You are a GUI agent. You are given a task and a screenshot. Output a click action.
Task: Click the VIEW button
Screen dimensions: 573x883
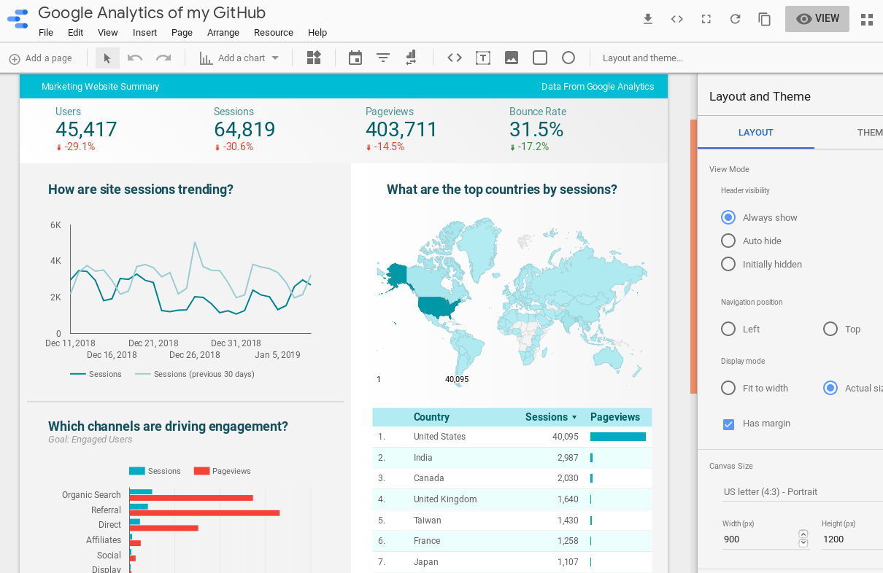pos(817,19)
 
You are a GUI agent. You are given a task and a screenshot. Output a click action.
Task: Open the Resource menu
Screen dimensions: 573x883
pos(273,33)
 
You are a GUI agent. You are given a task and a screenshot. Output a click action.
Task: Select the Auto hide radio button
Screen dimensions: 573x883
pos(728,241)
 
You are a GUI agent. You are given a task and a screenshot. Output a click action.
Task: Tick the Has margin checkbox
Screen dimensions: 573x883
pos(728,424)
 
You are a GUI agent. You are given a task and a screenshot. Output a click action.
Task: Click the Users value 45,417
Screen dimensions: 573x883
pos(86,130)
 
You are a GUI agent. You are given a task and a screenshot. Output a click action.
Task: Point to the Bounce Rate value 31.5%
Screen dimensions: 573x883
pos(536,130)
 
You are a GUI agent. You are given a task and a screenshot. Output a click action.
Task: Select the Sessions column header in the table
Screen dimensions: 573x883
pos(547,417)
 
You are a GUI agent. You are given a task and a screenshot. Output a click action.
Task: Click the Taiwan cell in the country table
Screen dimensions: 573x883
pos(427,521)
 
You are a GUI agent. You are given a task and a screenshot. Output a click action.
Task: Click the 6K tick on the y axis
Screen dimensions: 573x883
pos(55,225)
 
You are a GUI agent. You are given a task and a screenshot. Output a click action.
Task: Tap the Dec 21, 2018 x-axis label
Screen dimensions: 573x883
pos(153,343)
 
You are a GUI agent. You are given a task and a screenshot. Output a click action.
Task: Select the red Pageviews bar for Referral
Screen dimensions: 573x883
pos(204,513)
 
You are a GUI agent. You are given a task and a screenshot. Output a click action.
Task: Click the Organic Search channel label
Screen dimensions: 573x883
pos(91,495)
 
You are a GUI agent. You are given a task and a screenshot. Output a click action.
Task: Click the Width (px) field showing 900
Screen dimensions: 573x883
pos(757,539)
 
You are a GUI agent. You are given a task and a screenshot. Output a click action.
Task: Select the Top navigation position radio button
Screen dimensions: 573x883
pos(830,330)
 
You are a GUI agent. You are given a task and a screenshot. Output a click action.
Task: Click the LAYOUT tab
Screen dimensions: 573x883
pos(755,133)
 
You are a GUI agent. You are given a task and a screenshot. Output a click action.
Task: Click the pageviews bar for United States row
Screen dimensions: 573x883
pos(617,437)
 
